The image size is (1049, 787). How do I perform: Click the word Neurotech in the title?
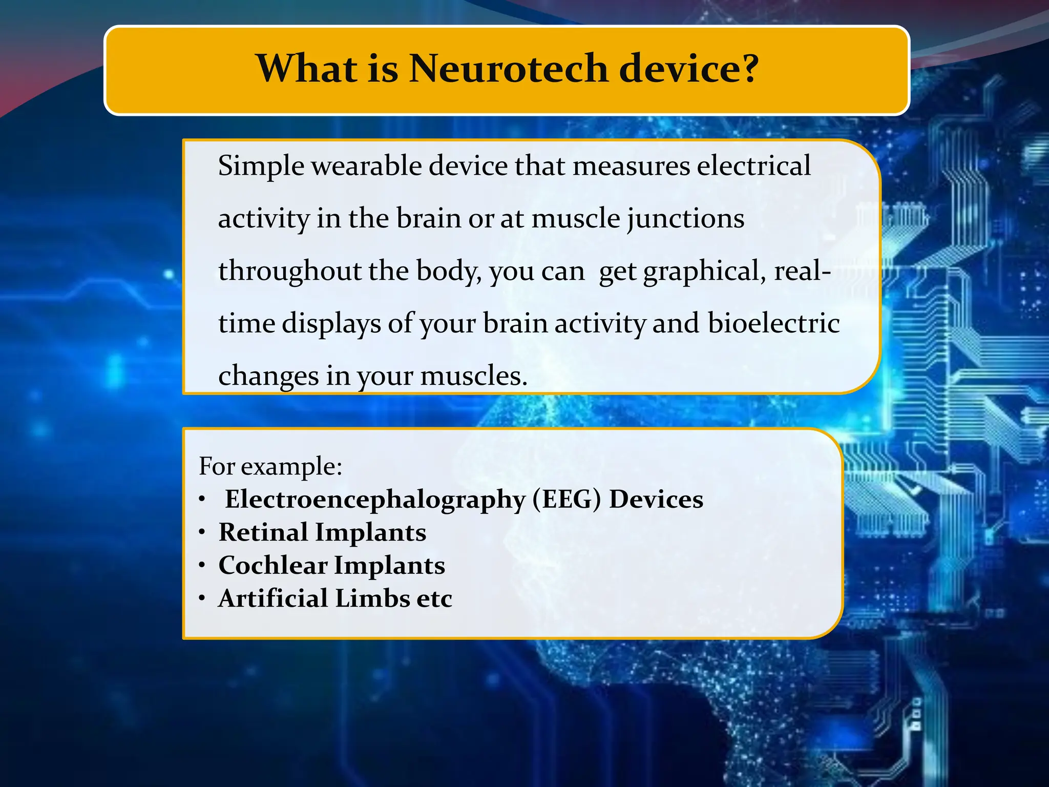click(x=509, y=69)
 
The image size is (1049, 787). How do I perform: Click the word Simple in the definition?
click(x=261, y=167)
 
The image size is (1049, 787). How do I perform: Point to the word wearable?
click(x=366, y=165)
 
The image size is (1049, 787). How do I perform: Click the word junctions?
click(x=686, y=219)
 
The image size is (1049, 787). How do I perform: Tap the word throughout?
click(x=290, y=271)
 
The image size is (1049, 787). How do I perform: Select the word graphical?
click(x=705, y=272)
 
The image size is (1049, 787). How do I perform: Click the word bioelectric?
click(x=773, y=324)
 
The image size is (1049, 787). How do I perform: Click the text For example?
click(x=270, y=467)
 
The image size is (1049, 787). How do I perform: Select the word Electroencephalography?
click(x=375, y=500)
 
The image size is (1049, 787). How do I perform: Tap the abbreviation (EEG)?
click(x=567, y=500)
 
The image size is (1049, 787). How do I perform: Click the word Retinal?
click(x=263, y=532)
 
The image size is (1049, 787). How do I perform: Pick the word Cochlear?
click(x=273, y=566)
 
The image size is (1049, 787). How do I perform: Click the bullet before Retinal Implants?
click(x=203, y=533)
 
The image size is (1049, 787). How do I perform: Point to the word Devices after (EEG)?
click(x=656, y=500)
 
